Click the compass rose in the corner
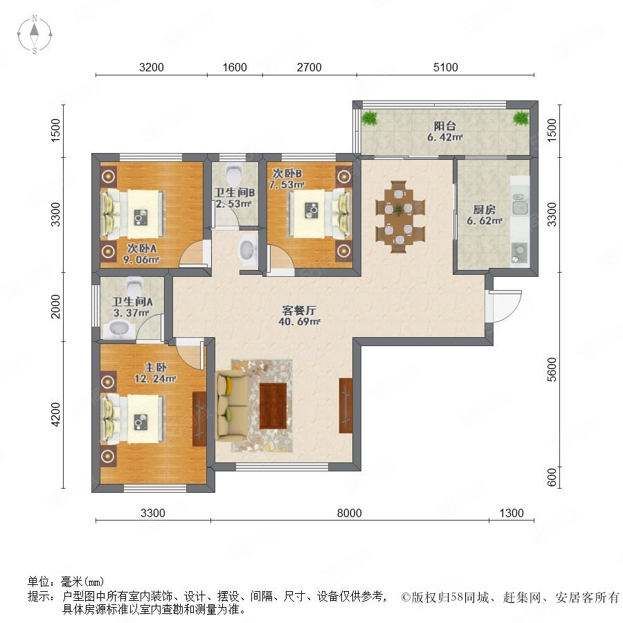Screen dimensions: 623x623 pos(35,35)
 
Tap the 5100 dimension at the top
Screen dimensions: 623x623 pos(445,67)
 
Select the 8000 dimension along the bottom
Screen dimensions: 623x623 pos(350,513)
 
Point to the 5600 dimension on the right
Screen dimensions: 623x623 pos(552,370)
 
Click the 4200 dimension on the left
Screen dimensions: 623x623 pos(57,415)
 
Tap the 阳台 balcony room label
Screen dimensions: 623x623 pos(444,126)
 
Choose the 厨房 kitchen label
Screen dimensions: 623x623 pos(484,209)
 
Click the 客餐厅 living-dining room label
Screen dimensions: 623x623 pos(299,310)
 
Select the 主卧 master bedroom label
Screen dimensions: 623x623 pos(155,367)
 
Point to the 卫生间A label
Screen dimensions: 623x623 pos(132,302)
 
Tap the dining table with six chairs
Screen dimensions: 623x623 pos(400,217)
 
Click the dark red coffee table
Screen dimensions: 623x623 pos(273,406)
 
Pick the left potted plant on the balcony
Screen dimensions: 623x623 pos(370,118)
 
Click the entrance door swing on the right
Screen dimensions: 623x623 pos(504,306)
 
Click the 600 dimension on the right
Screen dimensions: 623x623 pos(552,477)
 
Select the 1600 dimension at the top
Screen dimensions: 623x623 pos(235,67)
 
